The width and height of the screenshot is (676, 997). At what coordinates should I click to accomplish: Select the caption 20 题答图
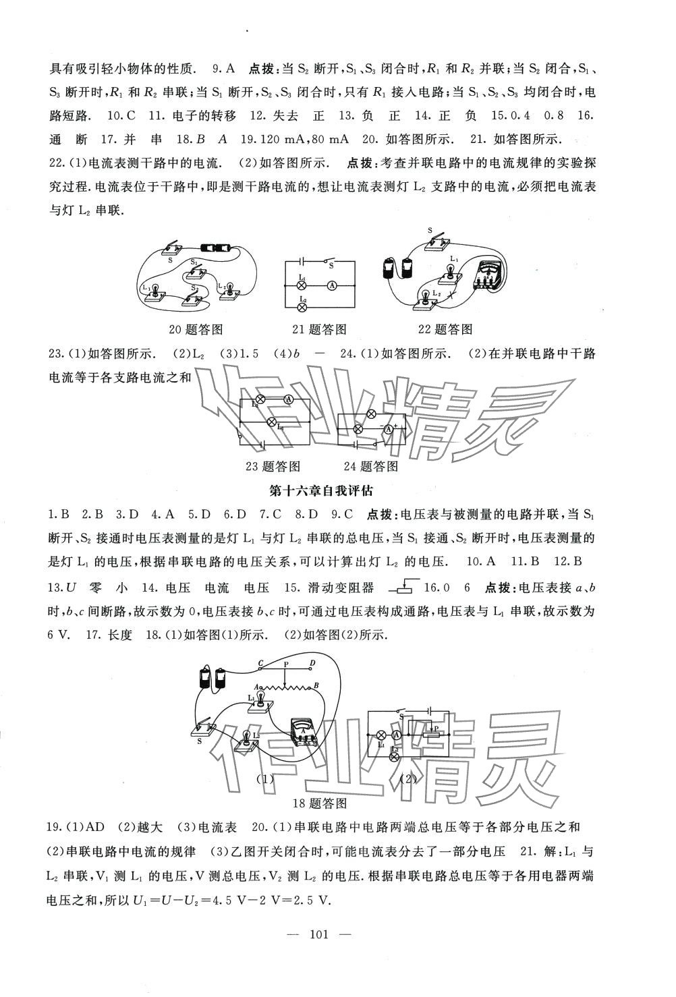pos(197,329)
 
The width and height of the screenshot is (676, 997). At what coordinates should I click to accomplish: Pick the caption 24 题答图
pos(370,466)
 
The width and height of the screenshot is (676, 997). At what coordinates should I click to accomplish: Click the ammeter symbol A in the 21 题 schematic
pos(332,286)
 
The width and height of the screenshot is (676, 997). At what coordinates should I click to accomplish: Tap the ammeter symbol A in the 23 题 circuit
pos(288,399)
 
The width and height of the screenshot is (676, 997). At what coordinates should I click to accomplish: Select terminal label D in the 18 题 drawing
pos(311,664)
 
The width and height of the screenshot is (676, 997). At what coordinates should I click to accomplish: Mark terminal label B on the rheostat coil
pos(316,687)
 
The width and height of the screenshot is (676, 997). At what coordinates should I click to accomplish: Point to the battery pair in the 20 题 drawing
pos(218,248)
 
